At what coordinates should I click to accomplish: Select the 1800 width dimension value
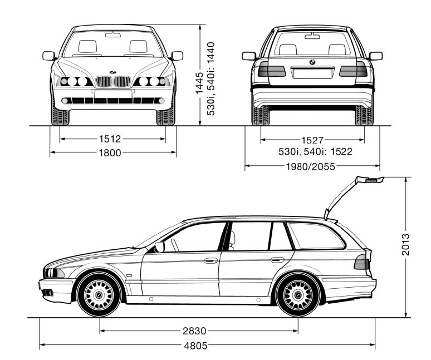point(110,152)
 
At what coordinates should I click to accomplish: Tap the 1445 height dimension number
point(199,83)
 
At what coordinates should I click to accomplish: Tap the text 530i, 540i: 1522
point(315,151)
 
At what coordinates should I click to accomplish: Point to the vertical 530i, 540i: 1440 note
point(211,78)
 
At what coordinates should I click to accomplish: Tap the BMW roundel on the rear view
point(312,62)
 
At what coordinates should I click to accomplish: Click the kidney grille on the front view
point(113,82)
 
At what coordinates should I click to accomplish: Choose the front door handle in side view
point(210,260)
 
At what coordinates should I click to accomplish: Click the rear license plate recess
point(312,73)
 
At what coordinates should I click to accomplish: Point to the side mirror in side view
point(160,246)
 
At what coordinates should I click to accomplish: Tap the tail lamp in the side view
point(362,261)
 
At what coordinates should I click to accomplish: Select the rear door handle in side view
point(277,259)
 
